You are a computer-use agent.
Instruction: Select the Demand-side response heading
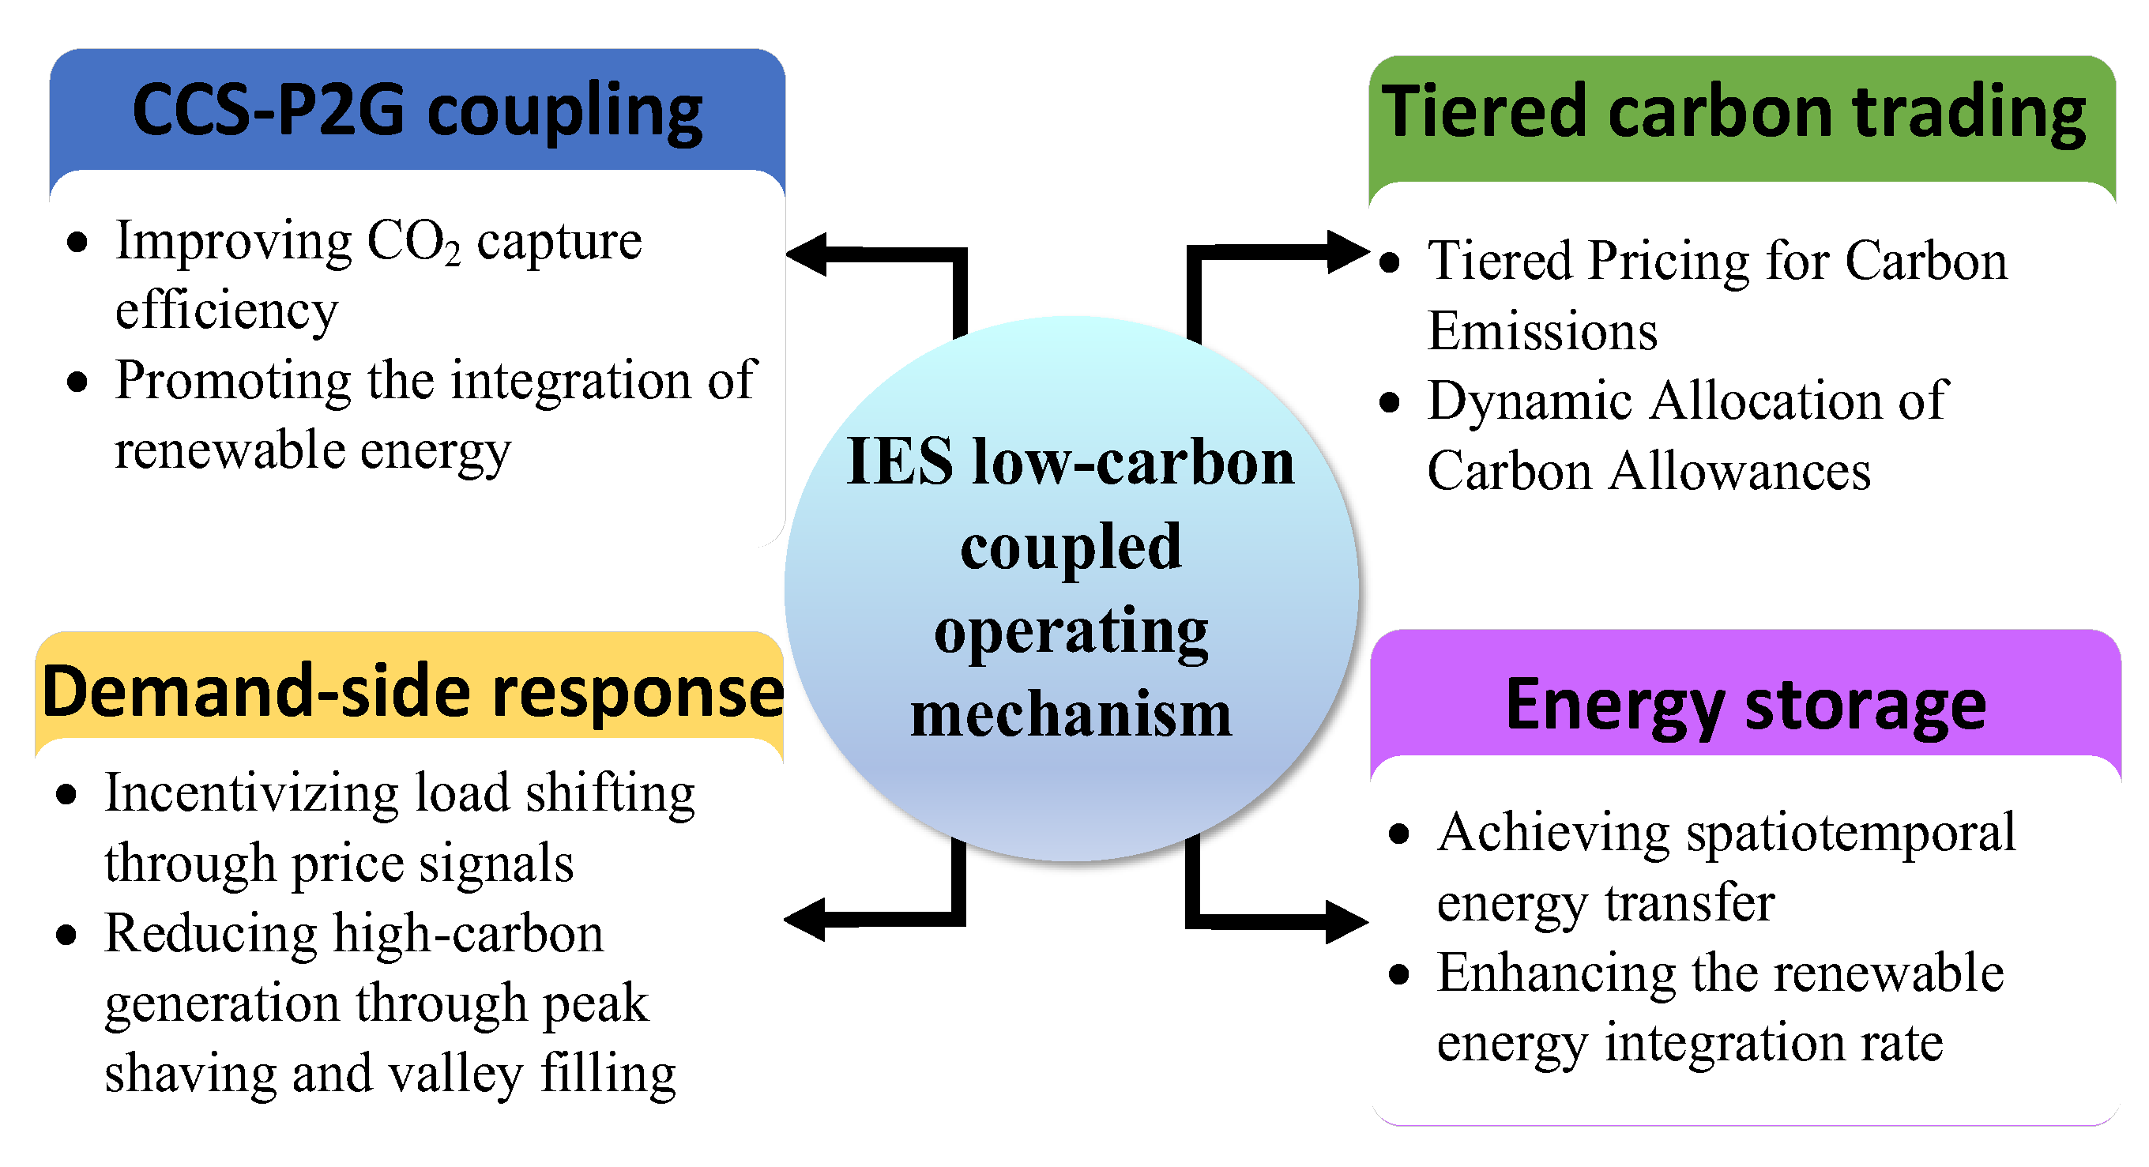(x=412, y=691)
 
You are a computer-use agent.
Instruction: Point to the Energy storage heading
(x=1745, y=706)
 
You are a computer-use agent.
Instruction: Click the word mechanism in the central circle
(x=1071, y=715)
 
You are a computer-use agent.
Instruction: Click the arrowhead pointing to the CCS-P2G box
(x=807, y=254)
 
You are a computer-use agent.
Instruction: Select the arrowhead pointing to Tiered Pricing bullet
(x=1346, y=251)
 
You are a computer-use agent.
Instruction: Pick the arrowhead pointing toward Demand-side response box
(x=806, y=920)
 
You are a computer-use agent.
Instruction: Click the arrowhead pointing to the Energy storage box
(x=1346, y=922)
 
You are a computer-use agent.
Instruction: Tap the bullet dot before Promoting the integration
(x=77, y=382)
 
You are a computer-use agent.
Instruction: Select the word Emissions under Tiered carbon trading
(x=1541, y=331)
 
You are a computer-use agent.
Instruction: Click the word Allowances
(x=1740, y=472)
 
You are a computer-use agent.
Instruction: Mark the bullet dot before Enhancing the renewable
(x=1399, y=973)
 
